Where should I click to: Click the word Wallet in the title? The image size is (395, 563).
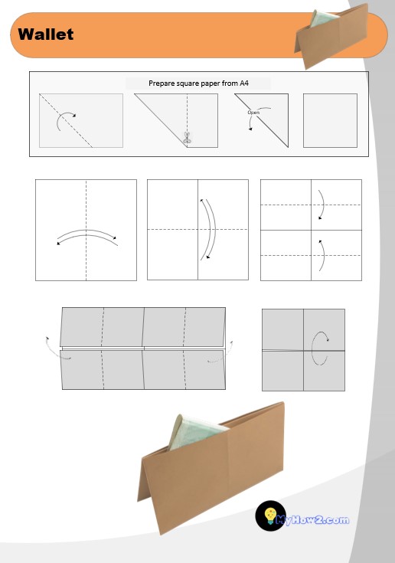tap(46, 34)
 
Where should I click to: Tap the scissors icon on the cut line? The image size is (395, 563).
tap(187, 138)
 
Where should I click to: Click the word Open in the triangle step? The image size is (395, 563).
tap(253, 113)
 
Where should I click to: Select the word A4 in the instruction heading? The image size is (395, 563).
tap(244, 83)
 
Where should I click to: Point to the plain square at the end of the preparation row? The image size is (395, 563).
tap(330, 121)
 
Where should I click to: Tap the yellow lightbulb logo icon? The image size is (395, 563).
tap(270, 516)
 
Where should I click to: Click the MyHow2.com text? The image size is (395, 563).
tap(312, 520)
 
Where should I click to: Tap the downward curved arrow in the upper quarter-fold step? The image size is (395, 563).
tap(323, 204)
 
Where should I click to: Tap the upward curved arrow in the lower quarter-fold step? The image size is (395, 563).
tap(323, 256)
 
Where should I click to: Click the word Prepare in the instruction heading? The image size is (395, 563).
tap(161, 83)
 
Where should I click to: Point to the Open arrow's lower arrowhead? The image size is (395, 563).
tap(250, 129)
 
